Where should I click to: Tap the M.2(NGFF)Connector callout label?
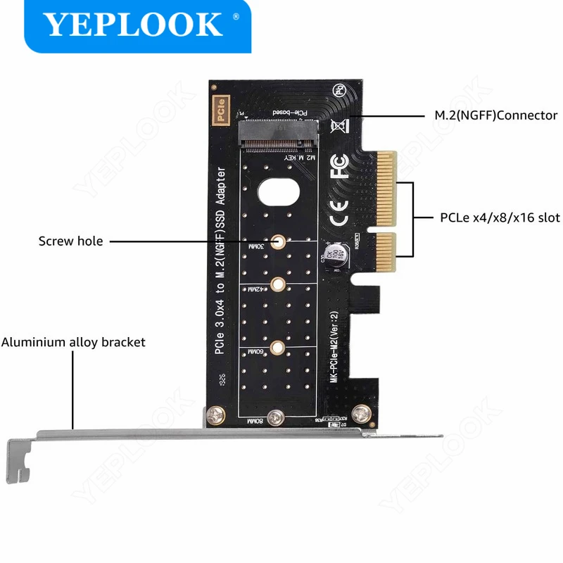[x=495, y=115]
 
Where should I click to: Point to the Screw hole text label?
[x=70, y=241]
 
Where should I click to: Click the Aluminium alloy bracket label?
[x=73, y=343]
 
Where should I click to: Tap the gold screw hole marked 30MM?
[x=279, y=241]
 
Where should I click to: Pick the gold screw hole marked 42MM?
[x=279, y=285]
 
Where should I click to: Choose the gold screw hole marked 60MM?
[x=279, y=346]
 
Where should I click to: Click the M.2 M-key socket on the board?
[x=275, y=136]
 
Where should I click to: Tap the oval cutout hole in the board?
[x=279, y=191]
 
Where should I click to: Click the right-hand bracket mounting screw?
[x=361, y=415]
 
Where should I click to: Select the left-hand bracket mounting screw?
[x=214, y=416]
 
